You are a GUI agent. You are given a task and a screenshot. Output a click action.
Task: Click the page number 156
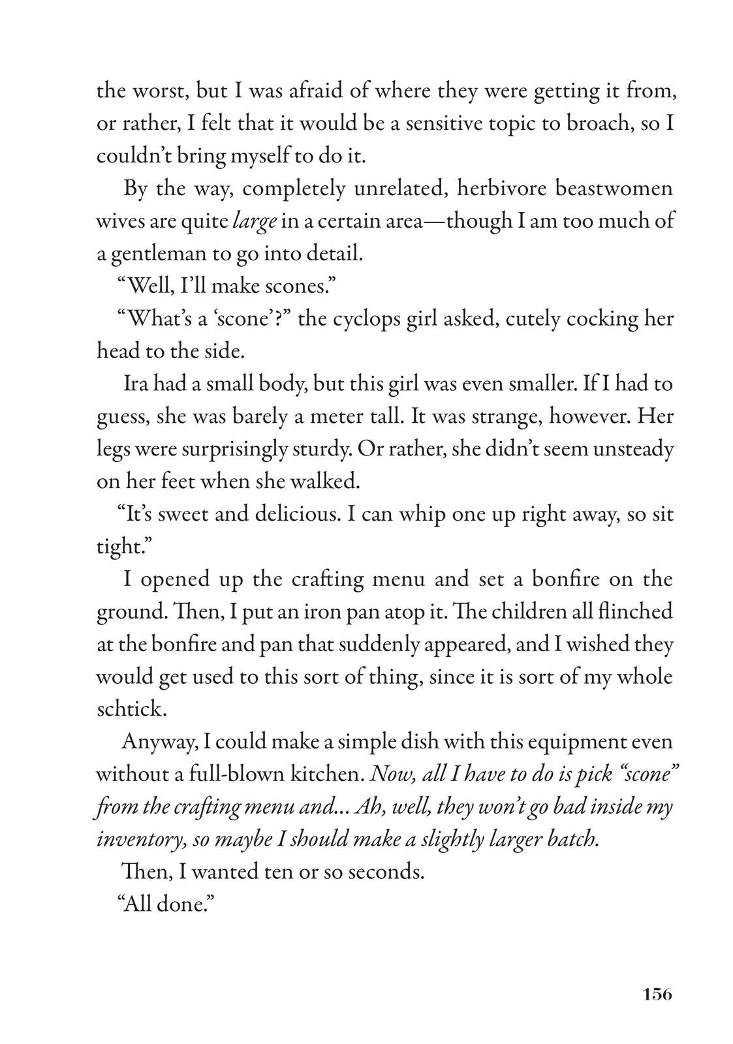(x=656, y=994)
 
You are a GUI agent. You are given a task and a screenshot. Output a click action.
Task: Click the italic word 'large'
(x=255, y=222)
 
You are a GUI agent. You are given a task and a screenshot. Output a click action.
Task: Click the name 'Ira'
(x=138, y=384)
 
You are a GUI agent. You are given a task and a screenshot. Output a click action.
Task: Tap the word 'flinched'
(x=634, y=612)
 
